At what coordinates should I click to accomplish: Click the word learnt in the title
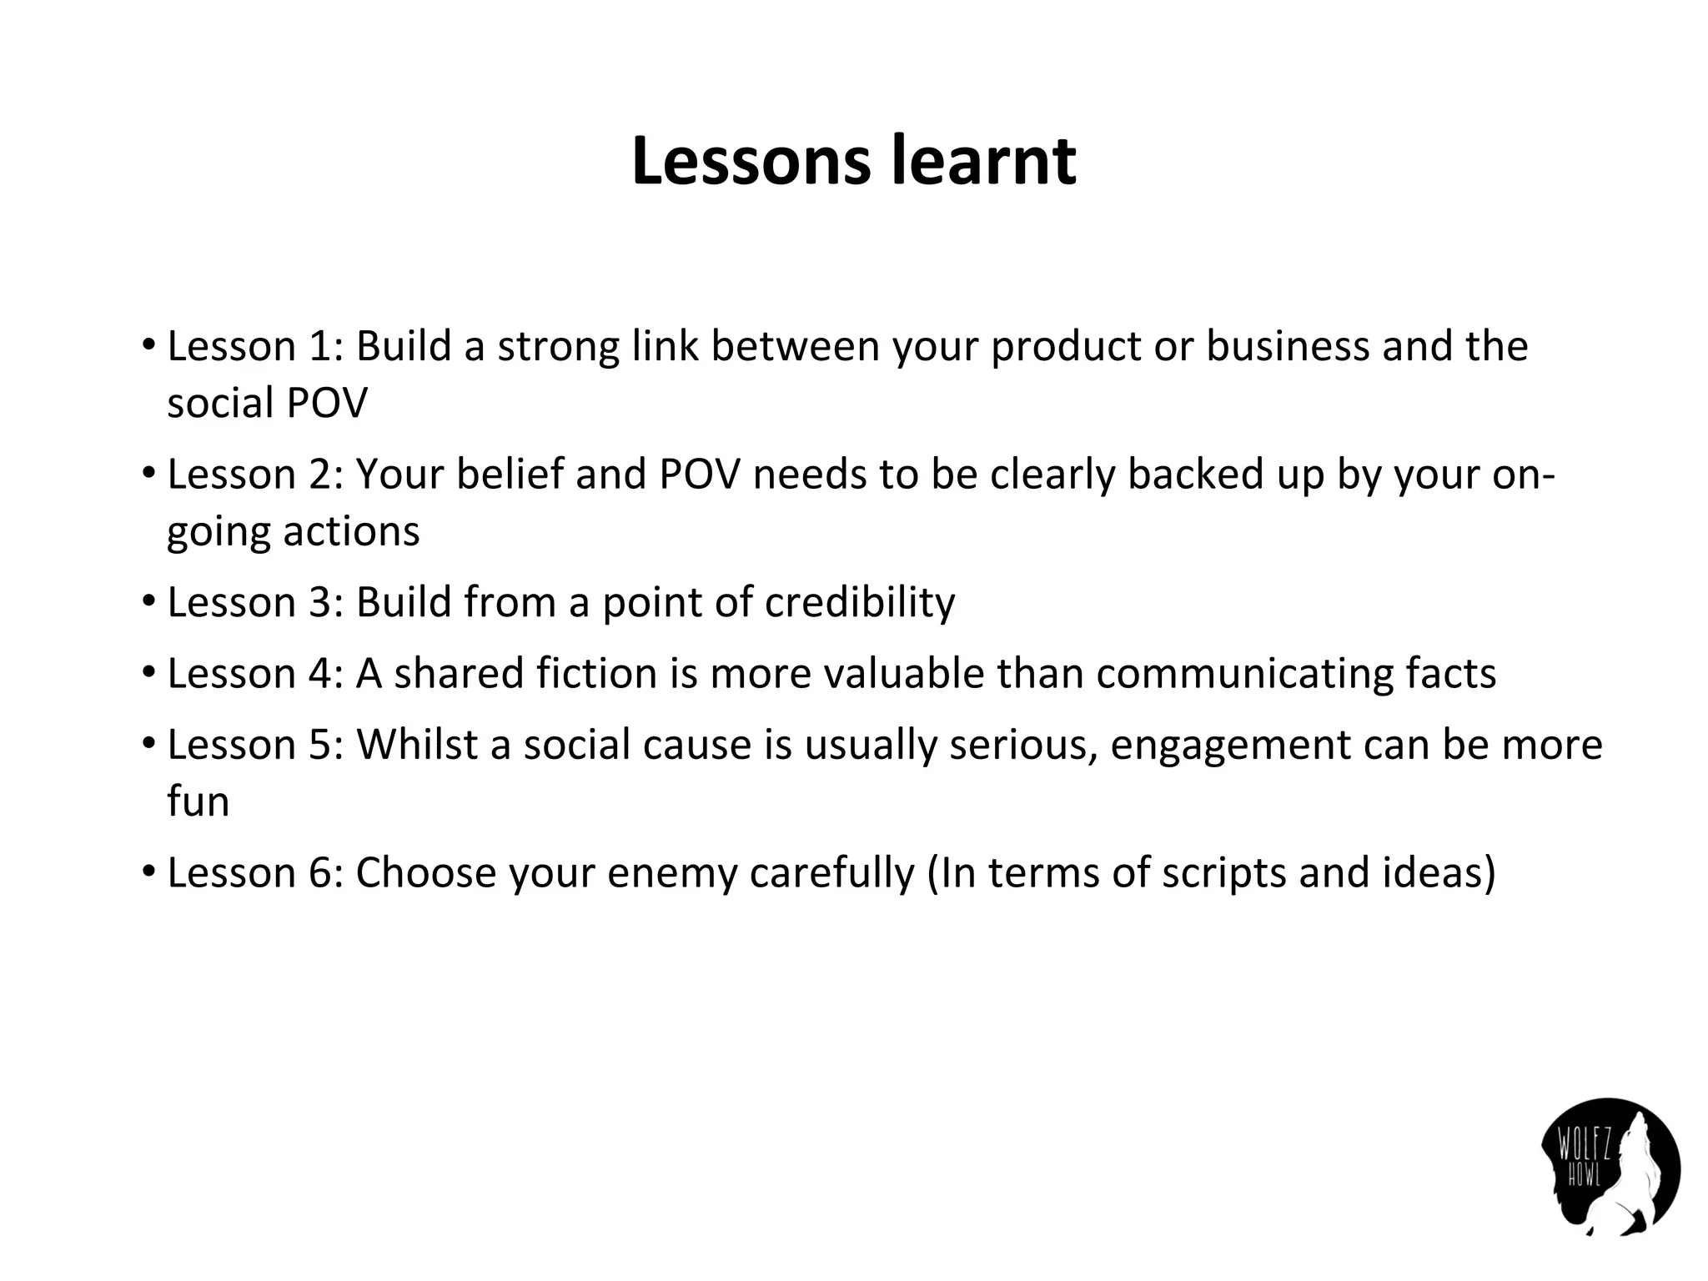984,161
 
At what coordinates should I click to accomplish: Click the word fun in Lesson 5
198,801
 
